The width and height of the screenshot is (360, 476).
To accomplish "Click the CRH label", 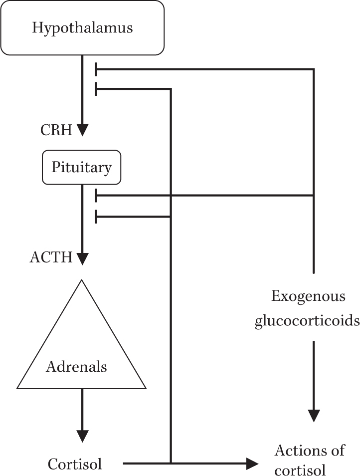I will (x=57, y=131).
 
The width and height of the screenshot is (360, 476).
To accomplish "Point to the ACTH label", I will (x=51, y=258).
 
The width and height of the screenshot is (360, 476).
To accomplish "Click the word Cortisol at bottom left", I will (x=75, y=464).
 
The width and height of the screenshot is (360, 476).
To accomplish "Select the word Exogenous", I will (x=308, y=296).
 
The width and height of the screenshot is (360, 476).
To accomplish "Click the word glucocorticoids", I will (x=307, y=320).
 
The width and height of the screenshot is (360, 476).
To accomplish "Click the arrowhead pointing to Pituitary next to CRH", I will (x=82, y=130).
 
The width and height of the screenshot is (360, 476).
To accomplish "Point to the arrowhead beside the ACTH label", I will (x=82, y=258).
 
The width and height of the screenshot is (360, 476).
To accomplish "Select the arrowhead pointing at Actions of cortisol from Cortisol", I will (x=252, y=464).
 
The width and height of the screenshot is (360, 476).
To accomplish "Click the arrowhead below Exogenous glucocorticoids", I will (x=314, y=415).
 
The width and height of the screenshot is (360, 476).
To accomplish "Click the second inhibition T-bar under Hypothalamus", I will (x=96, y=89).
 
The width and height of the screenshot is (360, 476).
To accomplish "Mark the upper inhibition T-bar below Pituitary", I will (x=96, y=195).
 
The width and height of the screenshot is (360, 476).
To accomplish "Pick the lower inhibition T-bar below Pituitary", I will (x=96, y=217).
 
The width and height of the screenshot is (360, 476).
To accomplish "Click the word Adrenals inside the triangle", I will (x=76, y=367).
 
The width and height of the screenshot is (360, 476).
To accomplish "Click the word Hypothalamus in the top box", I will (x=82, y=27).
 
